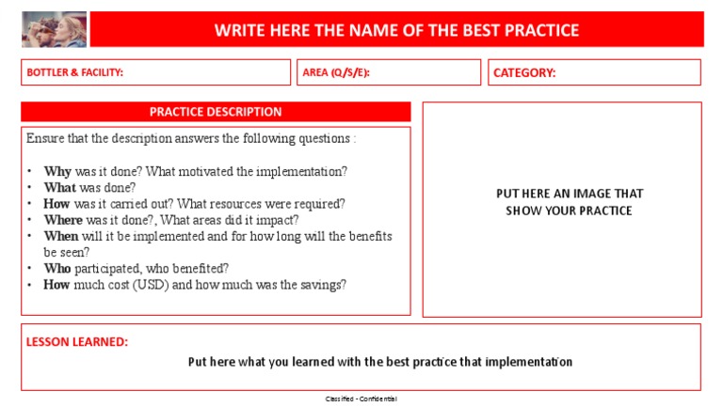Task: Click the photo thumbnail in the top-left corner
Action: click(x=54, y=29)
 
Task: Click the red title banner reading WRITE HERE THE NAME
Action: click(x=396, y=30)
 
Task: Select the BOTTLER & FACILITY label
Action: click(x=75, y=72)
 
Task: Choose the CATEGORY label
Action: click(x=524, y=72)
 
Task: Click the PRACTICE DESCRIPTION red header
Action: click(x=216, y=112)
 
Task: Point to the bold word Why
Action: click(x=57, y=172)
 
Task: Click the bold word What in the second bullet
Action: click(x=60, y=188)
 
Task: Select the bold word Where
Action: click(x=63, y=220)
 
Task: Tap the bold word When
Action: click(x=62, y=236)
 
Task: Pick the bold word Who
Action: click(x=57, y=268)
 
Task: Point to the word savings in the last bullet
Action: click(x=321, y=285)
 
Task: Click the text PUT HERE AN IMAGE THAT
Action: click(x=570, y=194)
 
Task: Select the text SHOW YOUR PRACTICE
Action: click(x=569, y=211)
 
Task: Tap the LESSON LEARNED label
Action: click(x=77, y=342)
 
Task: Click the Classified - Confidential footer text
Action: click(x=361, y=399)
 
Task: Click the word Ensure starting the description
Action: click(x=46, y=139)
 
